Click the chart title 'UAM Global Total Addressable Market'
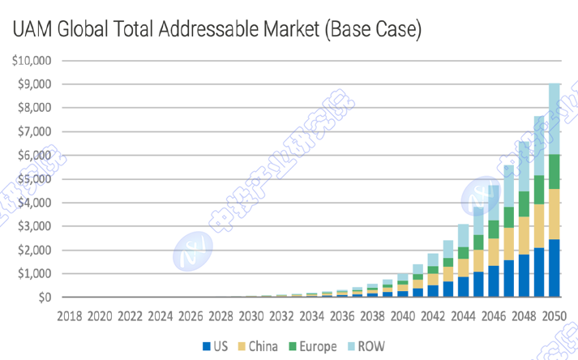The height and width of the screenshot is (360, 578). click(216, 30)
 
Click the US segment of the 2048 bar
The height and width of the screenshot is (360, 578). click(524, 276)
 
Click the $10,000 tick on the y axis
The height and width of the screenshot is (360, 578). click(32, 60)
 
